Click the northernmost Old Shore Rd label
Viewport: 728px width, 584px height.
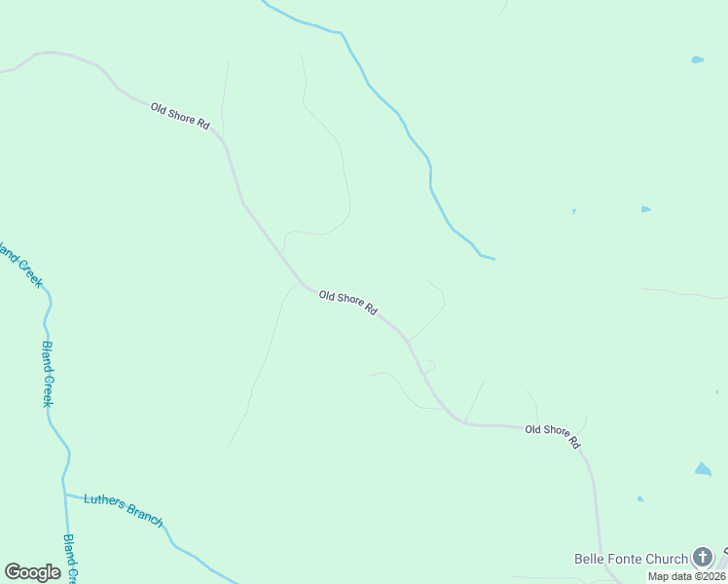click(180, 116)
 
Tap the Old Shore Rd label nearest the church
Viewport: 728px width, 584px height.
click(553, 435)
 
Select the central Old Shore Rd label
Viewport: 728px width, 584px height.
click(347, 303)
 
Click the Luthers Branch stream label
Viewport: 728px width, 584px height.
click(123, 509)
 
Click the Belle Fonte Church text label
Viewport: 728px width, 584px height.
click(630, 559)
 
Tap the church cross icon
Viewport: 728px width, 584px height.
click(703, 558)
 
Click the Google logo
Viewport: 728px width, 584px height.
click(32, 572)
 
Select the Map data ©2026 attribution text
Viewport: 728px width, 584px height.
click(685, 575)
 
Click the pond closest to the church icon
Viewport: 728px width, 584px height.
click(703, 469)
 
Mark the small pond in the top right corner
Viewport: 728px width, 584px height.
click(697, 59)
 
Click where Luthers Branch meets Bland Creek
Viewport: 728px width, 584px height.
click(65, 493)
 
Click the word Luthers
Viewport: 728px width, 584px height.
click(104, 501)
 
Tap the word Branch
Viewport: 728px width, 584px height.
click(144, 517)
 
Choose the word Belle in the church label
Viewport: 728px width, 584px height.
click(588, 559)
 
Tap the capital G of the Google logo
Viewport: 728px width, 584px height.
click(13, 572)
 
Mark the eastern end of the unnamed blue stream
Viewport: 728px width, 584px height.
click(494, 259)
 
